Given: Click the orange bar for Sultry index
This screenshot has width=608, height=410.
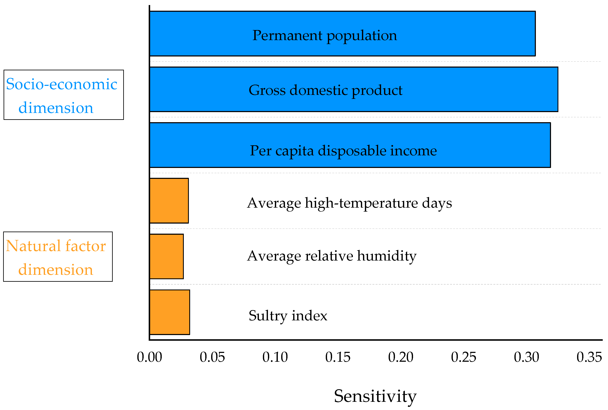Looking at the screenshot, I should [x=170, y=312].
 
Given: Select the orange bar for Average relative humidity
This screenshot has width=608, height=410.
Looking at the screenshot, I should [x=167, y=257].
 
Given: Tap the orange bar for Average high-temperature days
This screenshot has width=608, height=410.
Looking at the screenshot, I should [x=169, y=200].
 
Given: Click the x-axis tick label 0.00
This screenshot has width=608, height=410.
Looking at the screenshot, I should [x=149, y=357].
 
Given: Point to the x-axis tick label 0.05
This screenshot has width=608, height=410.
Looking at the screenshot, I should [x=212, y=357].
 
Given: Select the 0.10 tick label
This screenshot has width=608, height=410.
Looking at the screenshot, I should [x=275, y=357].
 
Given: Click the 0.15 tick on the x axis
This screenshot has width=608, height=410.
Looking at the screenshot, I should [x=338, y=357].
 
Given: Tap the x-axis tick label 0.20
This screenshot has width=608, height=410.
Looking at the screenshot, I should [x=401, y=357].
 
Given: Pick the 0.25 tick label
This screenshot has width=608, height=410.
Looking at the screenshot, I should [x=463, y=357].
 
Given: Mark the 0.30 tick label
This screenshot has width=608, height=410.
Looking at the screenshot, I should [x=526, y=357].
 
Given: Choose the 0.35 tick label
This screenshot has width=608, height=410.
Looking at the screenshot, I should [x=589, y=357].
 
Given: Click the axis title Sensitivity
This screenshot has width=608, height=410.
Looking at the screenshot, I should [x=375, y=396].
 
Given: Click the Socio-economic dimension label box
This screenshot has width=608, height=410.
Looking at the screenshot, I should [x=64, y=95].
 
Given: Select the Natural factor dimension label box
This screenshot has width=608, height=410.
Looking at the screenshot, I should [x=58, y=257].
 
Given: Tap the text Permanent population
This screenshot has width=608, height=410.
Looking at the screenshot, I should [x=325, y=35].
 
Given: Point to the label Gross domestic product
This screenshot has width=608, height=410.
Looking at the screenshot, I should [x=325, y=90].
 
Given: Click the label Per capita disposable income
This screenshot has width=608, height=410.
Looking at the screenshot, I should [x=343, y=151].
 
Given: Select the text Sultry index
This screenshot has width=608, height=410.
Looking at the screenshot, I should [x=288, y=316].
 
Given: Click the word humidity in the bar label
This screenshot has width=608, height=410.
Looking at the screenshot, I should [x=387, y=256].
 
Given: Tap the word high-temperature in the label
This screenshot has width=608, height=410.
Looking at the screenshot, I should [x=361, y=203].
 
